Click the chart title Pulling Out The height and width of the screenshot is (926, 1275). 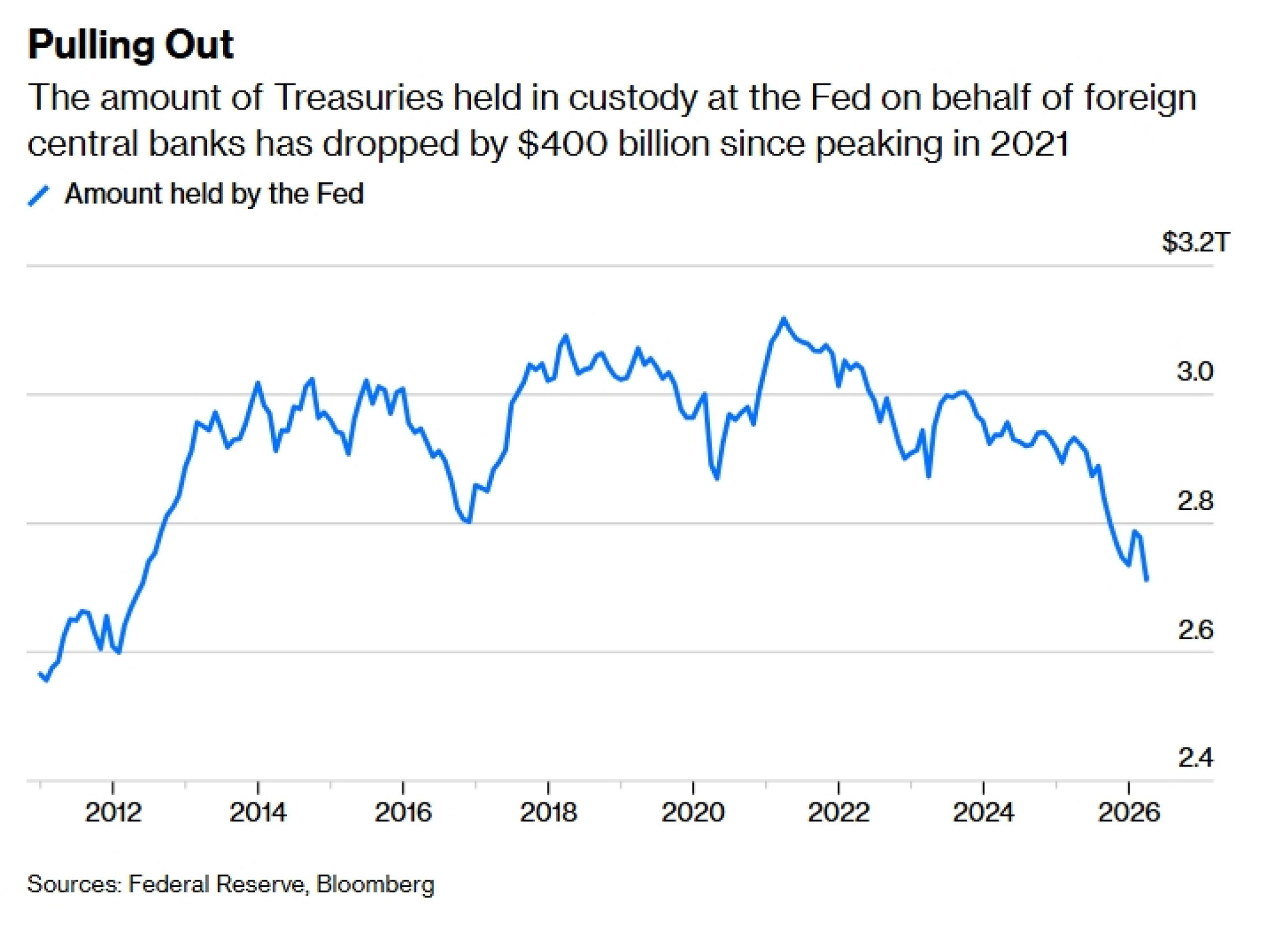pos(131,45)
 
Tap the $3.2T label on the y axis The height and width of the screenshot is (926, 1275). pos(1195,242)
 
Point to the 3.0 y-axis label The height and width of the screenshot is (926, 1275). pos(1195,371)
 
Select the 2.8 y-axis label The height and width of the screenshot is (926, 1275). pos(1195,501)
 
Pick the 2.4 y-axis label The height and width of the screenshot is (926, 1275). pos(1195,757)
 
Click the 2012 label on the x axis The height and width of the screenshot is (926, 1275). pos(113,812)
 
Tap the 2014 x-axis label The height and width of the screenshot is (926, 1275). pos(258,812)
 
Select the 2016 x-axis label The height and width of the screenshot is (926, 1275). pos(403,812)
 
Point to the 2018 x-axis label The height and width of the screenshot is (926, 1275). pos(548,812)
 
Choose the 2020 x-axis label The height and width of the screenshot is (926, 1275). pos(693,812)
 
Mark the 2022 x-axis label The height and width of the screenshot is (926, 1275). pos(838,812)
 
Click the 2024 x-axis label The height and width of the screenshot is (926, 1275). pos(983,812)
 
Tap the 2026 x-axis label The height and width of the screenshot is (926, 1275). pos(1128,812)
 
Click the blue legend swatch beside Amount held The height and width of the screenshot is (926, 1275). pos(38,196)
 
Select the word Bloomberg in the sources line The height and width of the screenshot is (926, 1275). pos(375,885)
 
